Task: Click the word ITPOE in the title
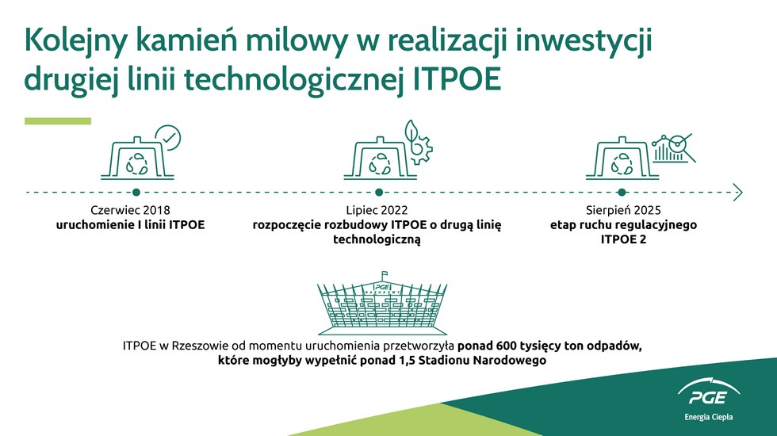457,80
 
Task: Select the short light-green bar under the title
58,121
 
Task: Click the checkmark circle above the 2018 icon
168,138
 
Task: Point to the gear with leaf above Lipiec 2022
418,142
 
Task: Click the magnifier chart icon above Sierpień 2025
674,148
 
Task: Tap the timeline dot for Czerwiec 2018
136,192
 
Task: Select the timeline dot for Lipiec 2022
379,192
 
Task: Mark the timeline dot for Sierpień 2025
622,192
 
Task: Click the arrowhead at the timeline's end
738,192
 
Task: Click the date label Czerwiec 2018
130,210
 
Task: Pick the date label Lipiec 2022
377,210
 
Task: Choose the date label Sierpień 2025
623,210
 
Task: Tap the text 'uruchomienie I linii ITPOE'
130,225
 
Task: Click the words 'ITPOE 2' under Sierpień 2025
623,239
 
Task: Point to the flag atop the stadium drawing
384,274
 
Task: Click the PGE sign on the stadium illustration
382,287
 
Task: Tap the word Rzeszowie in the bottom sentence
196,346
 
